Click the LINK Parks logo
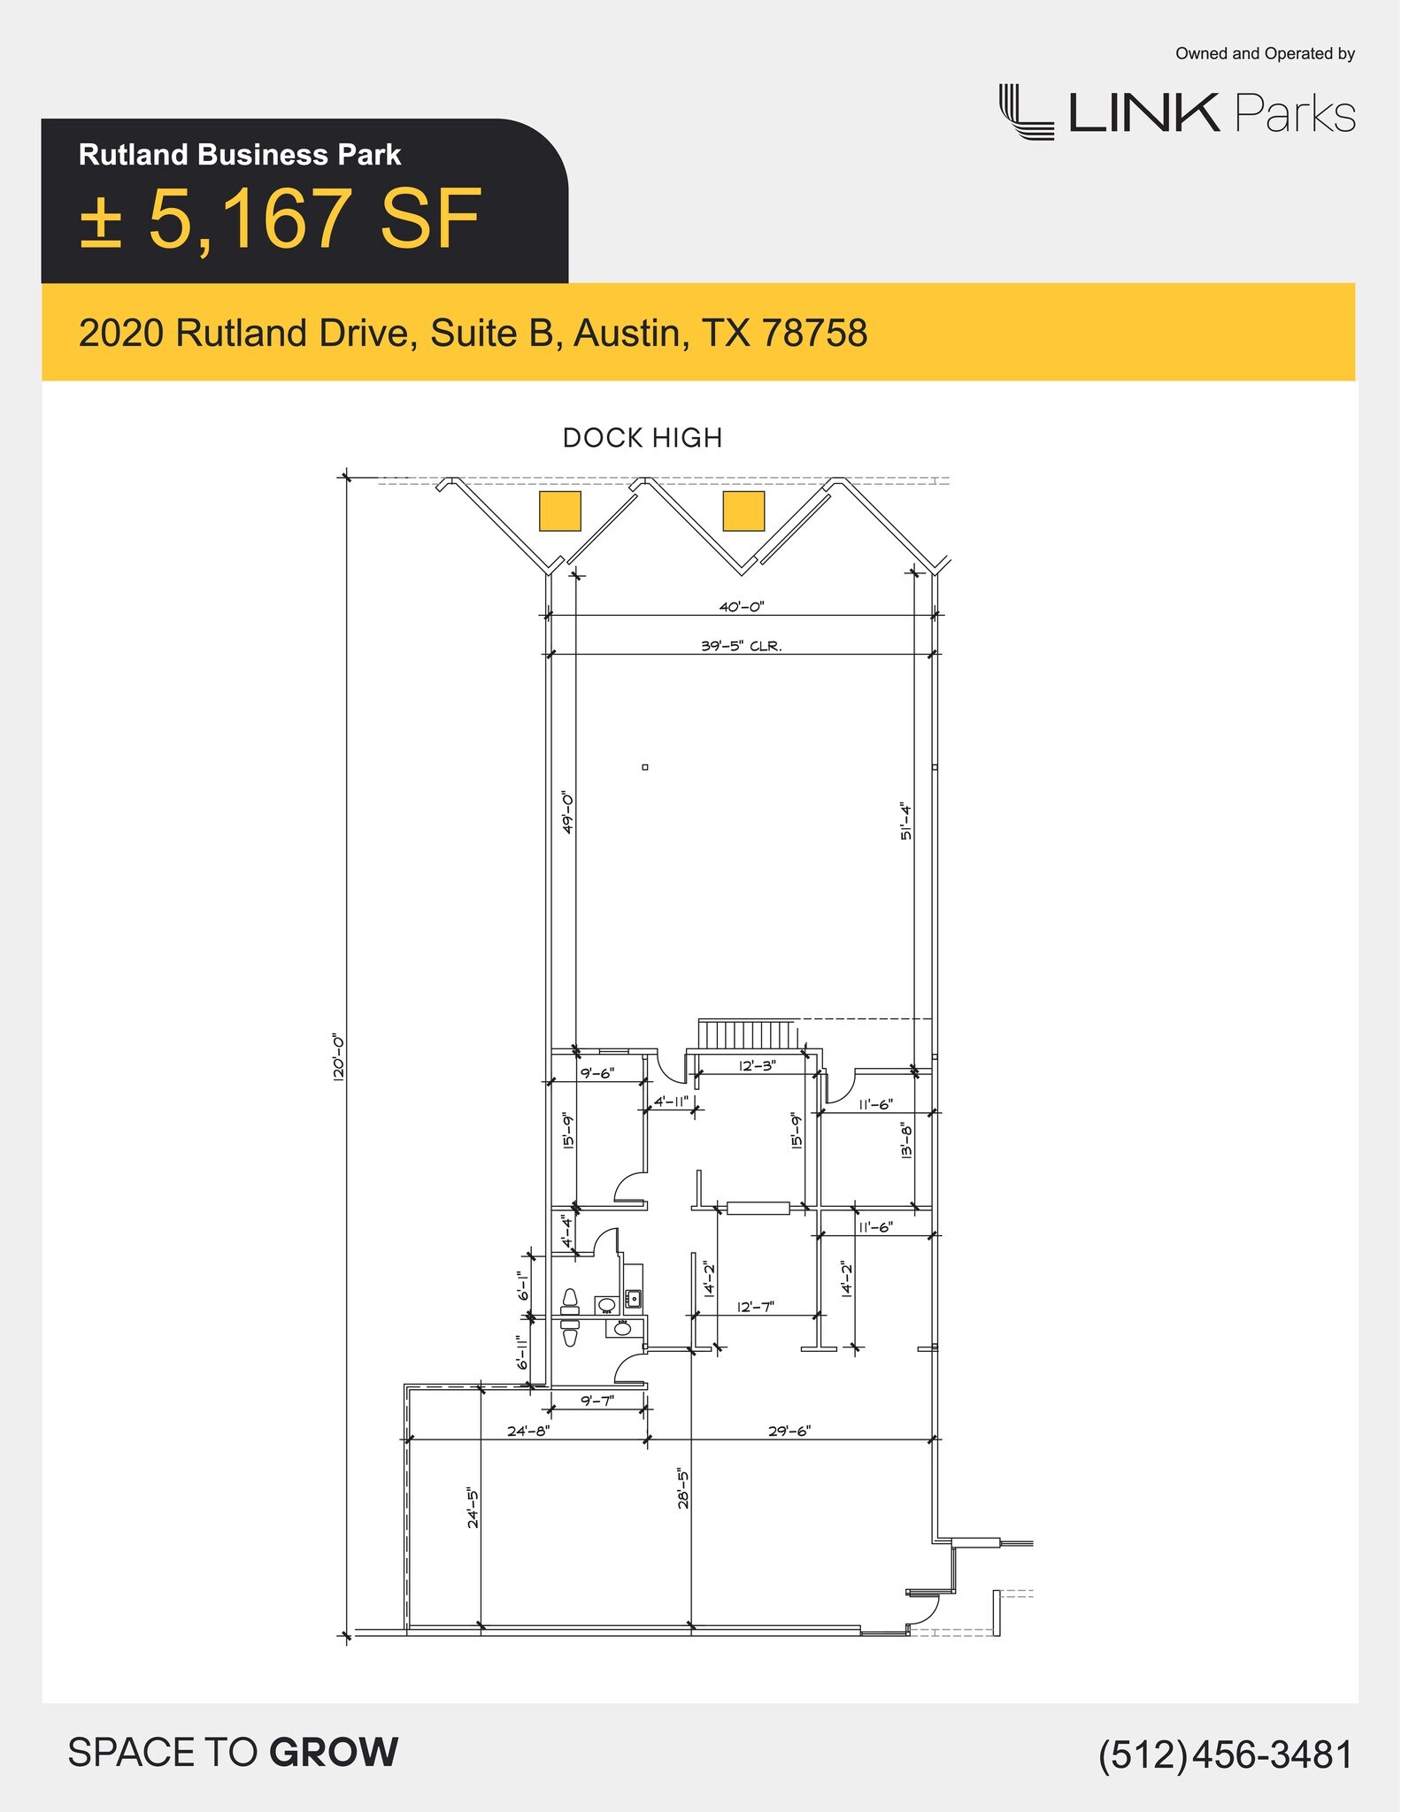click(1177, 112)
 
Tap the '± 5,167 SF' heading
click(281, 219)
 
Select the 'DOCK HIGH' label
click(643, 438)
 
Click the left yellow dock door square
click(560, 511)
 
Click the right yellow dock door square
click(743, 511)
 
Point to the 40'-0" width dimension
click(741, 607)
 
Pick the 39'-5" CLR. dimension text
click(741, 646)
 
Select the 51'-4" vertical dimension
click(906, 821)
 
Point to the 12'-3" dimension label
click(757, 1066)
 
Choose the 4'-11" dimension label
click(671, 1102)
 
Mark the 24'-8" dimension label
click(528, 1431)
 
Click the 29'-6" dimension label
click(789, 1431)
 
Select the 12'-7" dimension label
click(756, 1307)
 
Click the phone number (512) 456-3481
click(1226, 1754)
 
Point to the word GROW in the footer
click(334, 1753)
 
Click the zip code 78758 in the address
click(814, 334)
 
